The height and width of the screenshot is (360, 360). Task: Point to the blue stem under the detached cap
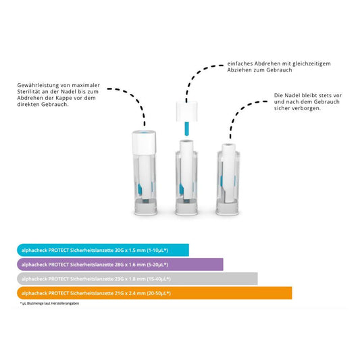click(186, 130)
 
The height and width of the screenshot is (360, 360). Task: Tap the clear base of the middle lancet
click(186, 207)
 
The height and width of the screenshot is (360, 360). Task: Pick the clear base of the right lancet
click(228, 207)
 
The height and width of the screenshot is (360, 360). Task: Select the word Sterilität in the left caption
click(31, 92)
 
